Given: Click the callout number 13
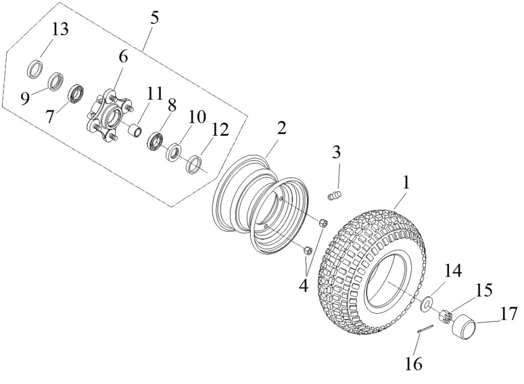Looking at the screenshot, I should (60, 29).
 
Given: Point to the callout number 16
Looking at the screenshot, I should (414, 364).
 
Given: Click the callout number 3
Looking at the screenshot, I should (336, 152).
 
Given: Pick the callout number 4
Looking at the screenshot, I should (304, 286).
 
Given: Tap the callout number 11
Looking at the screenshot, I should (155, 94).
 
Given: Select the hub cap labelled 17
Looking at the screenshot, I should (464, 326).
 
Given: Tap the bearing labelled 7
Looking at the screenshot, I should (77, 94).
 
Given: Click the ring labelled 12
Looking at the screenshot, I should (194, 165).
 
